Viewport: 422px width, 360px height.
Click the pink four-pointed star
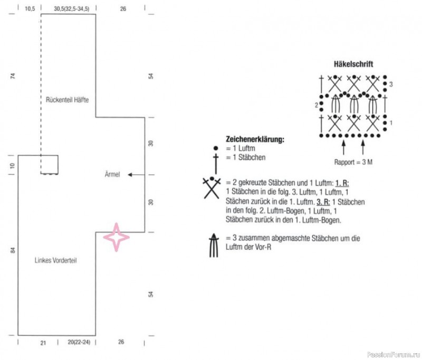tap(116, 237)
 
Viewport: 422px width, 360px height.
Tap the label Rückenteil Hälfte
tap(68, 100)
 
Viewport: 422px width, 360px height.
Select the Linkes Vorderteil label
tap(56, 260)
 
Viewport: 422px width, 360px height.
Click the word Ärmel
tap(112, 174)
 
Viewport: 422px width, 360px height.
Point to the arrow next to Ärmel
tap(136, 175)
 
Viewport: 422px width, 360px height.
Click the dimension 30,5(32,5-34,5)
tap(72, 9)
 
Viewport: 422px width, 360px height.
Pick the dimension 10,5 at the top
tap(30, 9)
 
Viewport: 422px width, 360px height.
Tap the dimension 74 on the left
tap(13, 76)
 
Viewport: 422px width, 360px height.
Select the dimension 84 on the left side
tap(13, 250)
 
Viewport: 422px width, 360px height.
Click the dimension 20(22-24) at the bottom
tap(79, 342)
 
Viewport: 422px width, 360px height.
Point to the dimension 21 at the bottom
tap(43, 343)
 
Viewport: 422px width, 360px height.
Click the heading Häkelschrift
tap(353, 64)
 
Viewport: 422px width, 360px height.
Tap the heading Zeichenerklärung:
tap(255, 139)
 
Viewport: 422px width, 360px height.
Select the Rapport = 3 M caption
tap(353, 162)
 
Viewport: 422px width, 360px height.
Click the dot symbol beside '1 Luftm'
tap(216, 148)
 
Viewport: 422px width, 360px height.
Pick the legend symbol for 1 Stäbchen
tap(216, 164)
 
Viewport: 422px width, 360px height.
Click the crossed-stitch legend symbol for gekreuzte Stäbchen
tap(212, 188)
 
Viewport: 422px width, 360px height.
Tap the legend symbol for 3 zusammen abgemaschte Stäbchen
tap(214, 245)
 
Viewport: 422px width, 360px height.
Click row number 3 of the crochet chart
tap(391, 84)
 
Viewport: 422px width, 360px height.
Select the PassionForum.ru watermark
tap(394, 354)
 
